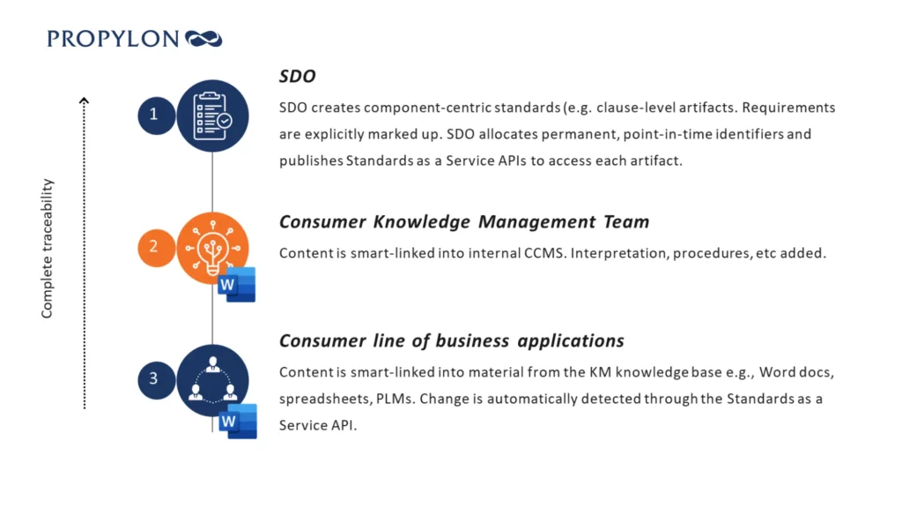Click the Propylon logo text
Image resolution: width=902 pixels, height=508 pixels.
click(x=113, y=39)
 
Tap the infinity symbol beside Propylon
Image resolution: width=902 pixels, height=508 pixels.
click(x=203, y=39)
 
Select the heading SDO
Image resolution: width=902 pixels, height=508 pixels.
click(x=298, y=76)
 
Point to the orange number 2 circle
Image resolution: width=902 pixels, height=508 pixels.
click(x=156, y=248)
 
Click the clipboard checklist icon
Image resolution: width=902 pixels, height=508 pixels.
click(x=212, y=116)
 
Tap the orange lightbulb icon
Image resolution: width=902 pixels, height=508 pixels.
click(x=212, y=248)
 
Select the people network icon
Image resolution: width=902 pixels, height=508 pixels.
click(x=212, y=380)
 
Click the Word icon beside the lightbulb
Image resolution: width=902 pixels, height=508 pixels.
click(x=236, y=285)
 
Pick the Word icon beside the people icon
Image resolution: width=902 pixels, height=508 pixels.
click(x=238, y=421)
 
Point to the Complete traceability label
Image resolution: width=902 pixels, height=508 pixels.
click(x=48, y=248)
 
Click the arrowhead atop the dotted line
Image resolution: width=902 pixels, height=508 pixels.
click(x=84, y=101)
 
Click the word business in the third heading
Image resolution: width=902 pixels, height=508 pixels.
click(x=472, y=341)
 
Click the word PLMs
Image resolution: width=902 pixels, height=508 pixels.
click(x=396, y=400)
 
